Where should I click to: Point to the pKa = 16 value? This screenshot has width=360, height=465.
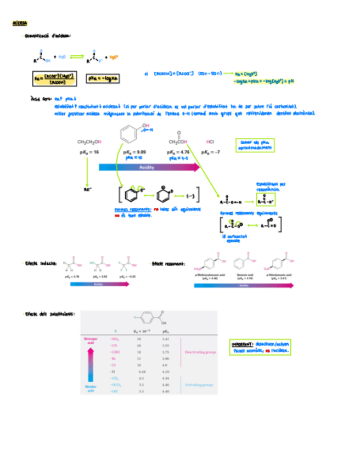coord(89,151)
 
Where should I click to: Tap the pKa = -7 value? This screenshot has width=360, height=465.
coord(210,151)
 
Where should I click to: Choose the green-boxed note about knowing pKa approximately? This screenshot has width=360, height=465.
coord(254,145)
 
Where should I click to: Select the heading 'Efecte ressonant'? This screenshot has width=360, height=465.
coord(168,264)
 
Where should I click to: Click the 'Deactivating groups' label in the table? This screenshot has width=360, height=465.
coord(200,352)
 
